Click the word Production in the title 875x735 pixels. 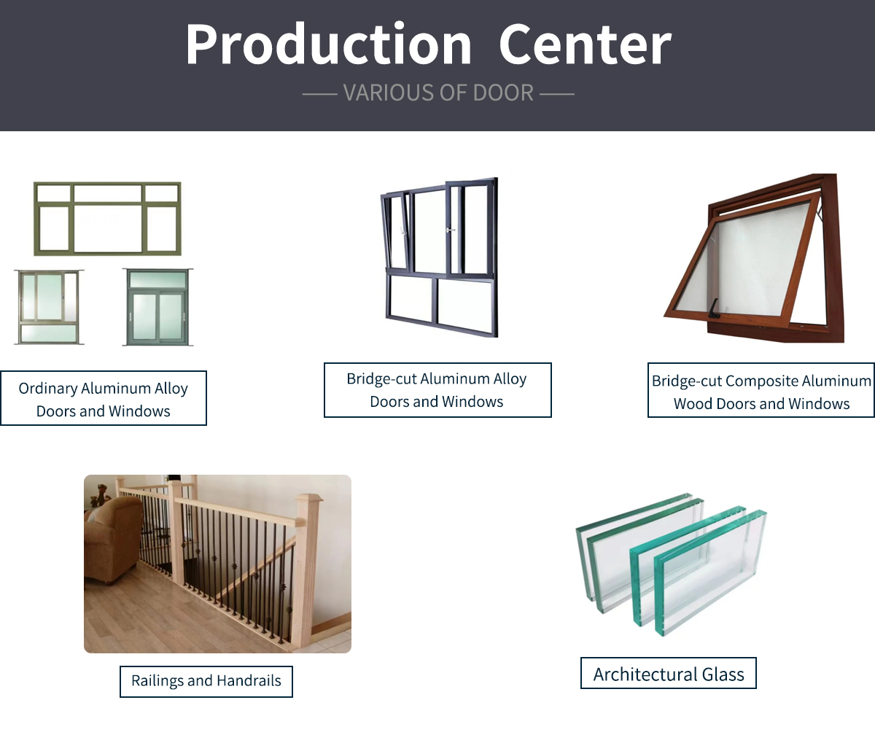pos(329,44)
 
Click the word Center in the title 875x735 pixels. pos(586,44)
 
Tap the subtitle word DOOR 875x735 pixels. pos(503,93)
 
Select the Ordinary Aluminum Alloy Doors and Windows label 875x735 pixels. pos(103,398)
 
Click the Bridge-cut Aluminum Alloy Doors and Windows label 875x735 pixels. pos(437,390)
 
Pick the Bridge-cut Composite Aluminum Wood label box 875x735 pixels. pos(761,390)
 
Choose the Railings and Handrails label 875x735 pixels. pos(206,681)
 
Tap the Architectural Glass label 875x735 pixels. pos(669,673)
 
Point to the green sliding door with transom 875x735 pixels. pos(157,307)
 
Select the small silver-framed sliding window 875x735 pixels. pos(49,307)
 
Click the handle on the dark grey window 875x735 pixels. pos(451,230)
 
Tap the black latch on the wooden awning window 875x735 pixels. pos(714,309)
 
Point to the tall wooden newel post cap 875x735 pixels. pos(309,499)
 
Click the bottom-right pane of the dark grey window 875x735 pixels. pos(465,305)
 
